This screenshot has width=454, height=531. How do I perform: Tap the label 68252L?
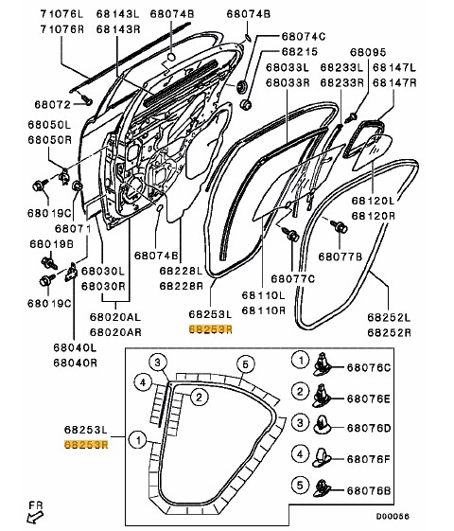(389, 319)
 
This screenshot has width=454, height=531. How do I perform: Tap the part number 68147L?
(395, 68)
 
